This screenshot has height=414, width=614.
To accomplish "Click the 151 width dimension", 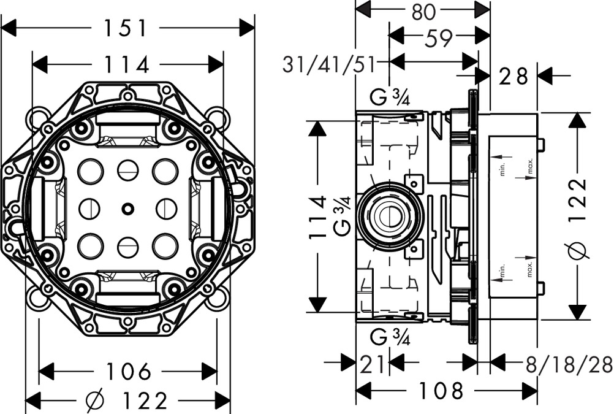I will pyautogui.click(x=127, y=28).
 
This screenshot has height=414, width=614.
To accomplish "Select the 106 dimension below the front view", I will pyautogui.click(x=128, y=371).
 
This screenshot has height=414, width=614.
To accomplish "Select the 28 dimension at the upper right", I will pyautogui.click(x=513, y=77).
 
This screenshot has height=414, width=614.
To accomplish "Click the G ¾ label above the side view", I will pyautogui.click(x=390, y=97).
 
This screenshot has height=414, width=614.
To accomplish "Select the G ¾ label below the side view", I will pyautogui.click(x=390, y=337).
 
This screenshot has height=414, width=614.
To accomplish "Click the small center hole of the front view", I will pyautogui.click(x=127, y=209).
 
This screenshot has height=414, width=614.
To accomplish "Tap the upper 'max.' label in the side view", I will pyautogui.click(x=531, y=165).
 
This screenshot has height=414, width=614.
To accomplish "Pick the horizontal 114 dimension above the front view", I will pyautogui.click(x=127, y=64).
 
